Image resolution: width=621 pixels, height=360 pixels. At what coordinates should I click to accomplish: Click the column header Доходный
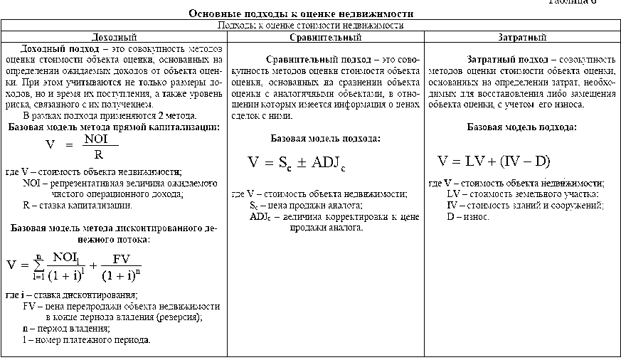click(x=114, y=37)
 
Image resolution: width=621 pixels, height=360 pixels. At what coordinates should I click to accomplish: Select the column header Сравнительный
click(x=326, y=37)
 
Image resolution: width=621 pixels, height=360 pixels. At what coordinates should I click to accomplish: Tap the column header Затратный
click(x=522, y=37)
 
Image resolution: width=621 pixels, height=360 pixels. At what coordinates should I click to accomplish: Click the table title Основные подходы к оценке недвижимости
click(x=300, y=14)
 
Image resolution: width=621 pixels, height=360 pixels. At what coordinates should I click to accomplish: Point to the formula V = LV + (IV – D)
click(x=494, y=161)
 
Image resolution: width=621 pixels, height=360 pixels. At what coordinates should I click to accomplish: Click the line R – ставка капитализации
click(x=77, y=206)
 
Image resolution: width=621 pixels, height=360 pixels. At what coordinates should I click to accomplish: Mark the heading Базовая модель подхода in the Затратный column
click(x=521, y=127)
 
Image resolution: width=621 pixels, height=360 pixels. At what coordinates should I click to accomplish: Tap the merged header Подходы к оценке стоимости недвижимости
click(x=310, y=25)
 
